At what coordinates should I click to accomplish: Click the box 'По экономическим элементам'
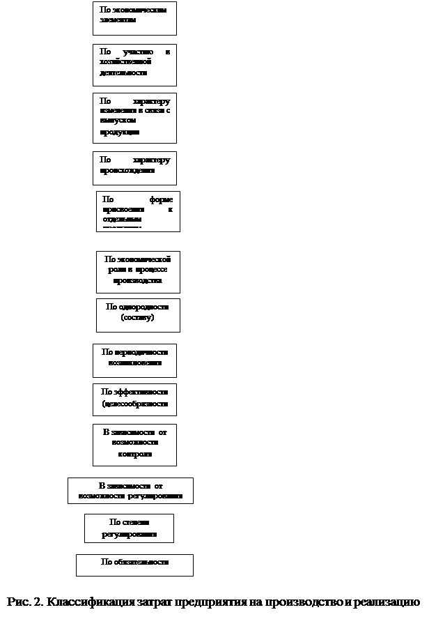(134, 18)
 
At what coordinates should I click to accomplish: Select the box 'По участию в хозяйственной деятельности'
(134, 65)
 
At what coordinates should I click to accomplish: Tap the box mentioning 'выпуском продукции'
(134, 117)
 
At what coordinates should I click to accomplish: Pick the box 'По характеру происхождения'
(134, 167)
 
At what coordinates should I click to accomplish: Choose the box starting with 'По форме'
(138, 211)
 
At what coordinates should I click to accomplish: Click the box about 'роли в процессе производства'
(138, 271)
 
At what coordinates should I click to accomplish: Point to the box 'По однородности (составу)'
(138, 314)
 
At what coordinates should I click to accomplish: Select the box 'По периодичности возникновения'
(134, 360)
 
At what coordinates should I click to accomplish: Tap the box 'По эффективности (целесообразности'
(134, 399)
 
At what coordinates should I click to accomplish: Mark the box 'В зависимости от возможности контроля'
(134, 444)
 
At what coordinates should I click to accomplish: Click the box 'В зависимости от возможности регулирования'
(130, 490)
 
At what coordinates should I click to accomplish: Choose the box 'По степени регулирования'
(129, 528)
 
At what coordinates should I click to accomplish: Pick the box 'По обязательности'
(134, 564)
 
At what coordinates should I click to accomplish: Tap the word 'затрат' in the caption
(156, 602)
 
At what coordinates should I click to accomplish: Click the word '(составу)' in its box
(137, 318)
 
